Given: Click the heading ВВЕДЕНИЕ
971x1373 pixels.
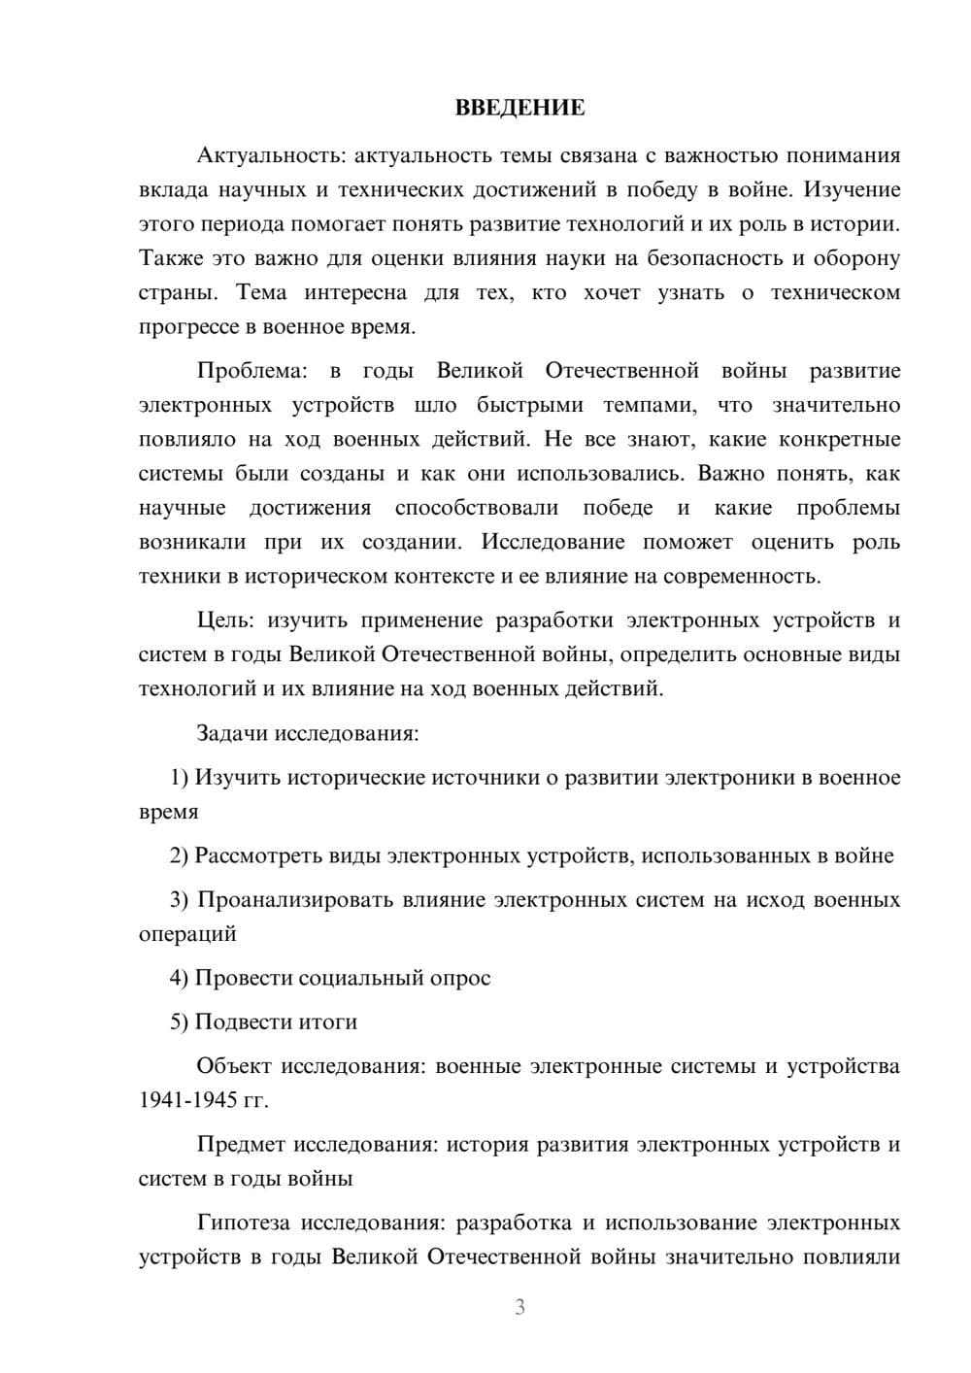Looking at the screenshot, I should [519, 108].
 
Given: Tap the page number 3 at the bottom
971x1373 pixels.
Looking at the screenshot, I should [519, 1307].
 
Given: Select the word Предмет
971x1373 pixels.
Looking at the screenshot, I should [241, 1145].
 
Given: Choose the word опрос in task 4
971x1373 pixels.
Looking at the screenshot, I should [459, 978].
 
